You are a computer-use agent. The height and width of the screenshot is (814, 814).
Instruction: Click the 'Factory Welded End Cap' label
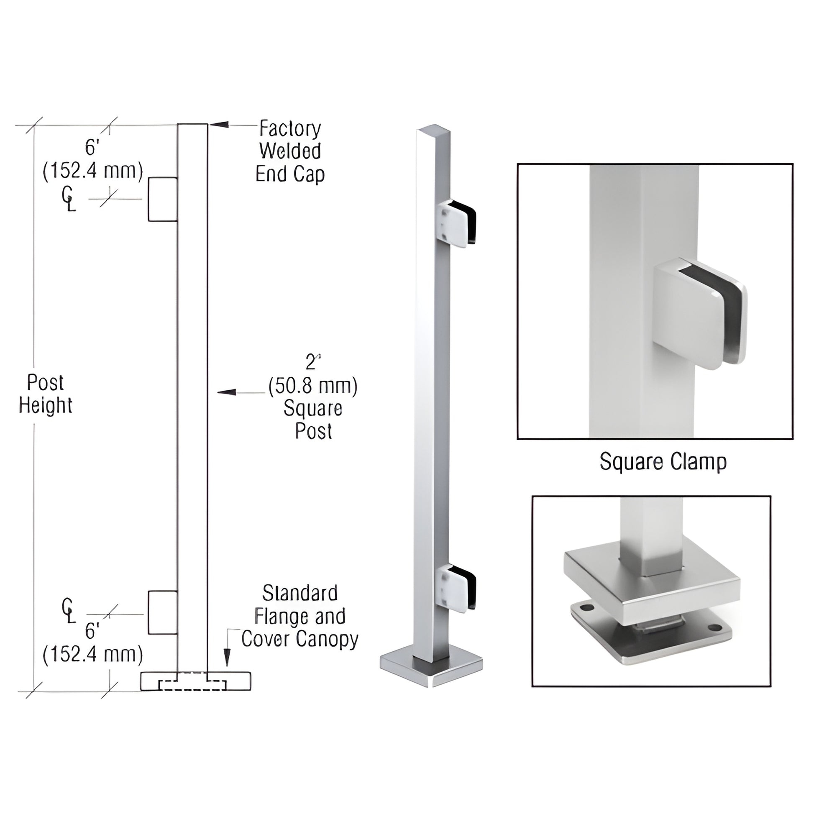[290, 151]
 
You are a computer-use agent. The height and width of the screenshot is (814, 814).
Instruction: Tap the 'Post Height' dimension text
[46, 394]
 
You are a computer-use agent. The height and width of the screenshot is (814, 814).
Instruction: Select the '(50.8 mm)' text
[312, 386]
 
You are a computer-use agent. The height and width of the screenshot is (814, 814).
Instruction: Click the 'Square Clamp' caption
[663, 462]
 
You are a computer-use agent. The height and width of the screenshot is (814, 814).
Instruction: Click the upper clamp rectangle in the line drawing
[163, 199]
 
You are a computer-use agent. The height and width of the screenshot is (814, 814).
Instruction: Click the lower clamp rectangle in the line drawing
[163, 612]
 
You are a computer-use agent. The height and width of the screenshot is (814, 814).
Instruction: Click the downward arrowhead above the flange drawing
[227, 657]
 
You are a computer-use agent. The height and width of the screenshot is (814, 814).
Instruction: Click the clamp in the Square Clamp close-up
[699, 314]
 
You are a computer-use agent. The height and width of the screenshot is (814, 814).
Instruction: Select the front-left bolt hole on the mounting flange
[585, 608]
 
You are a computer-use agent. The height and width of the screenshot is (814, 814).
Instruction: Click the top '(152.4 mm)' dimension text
[93, 172]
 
